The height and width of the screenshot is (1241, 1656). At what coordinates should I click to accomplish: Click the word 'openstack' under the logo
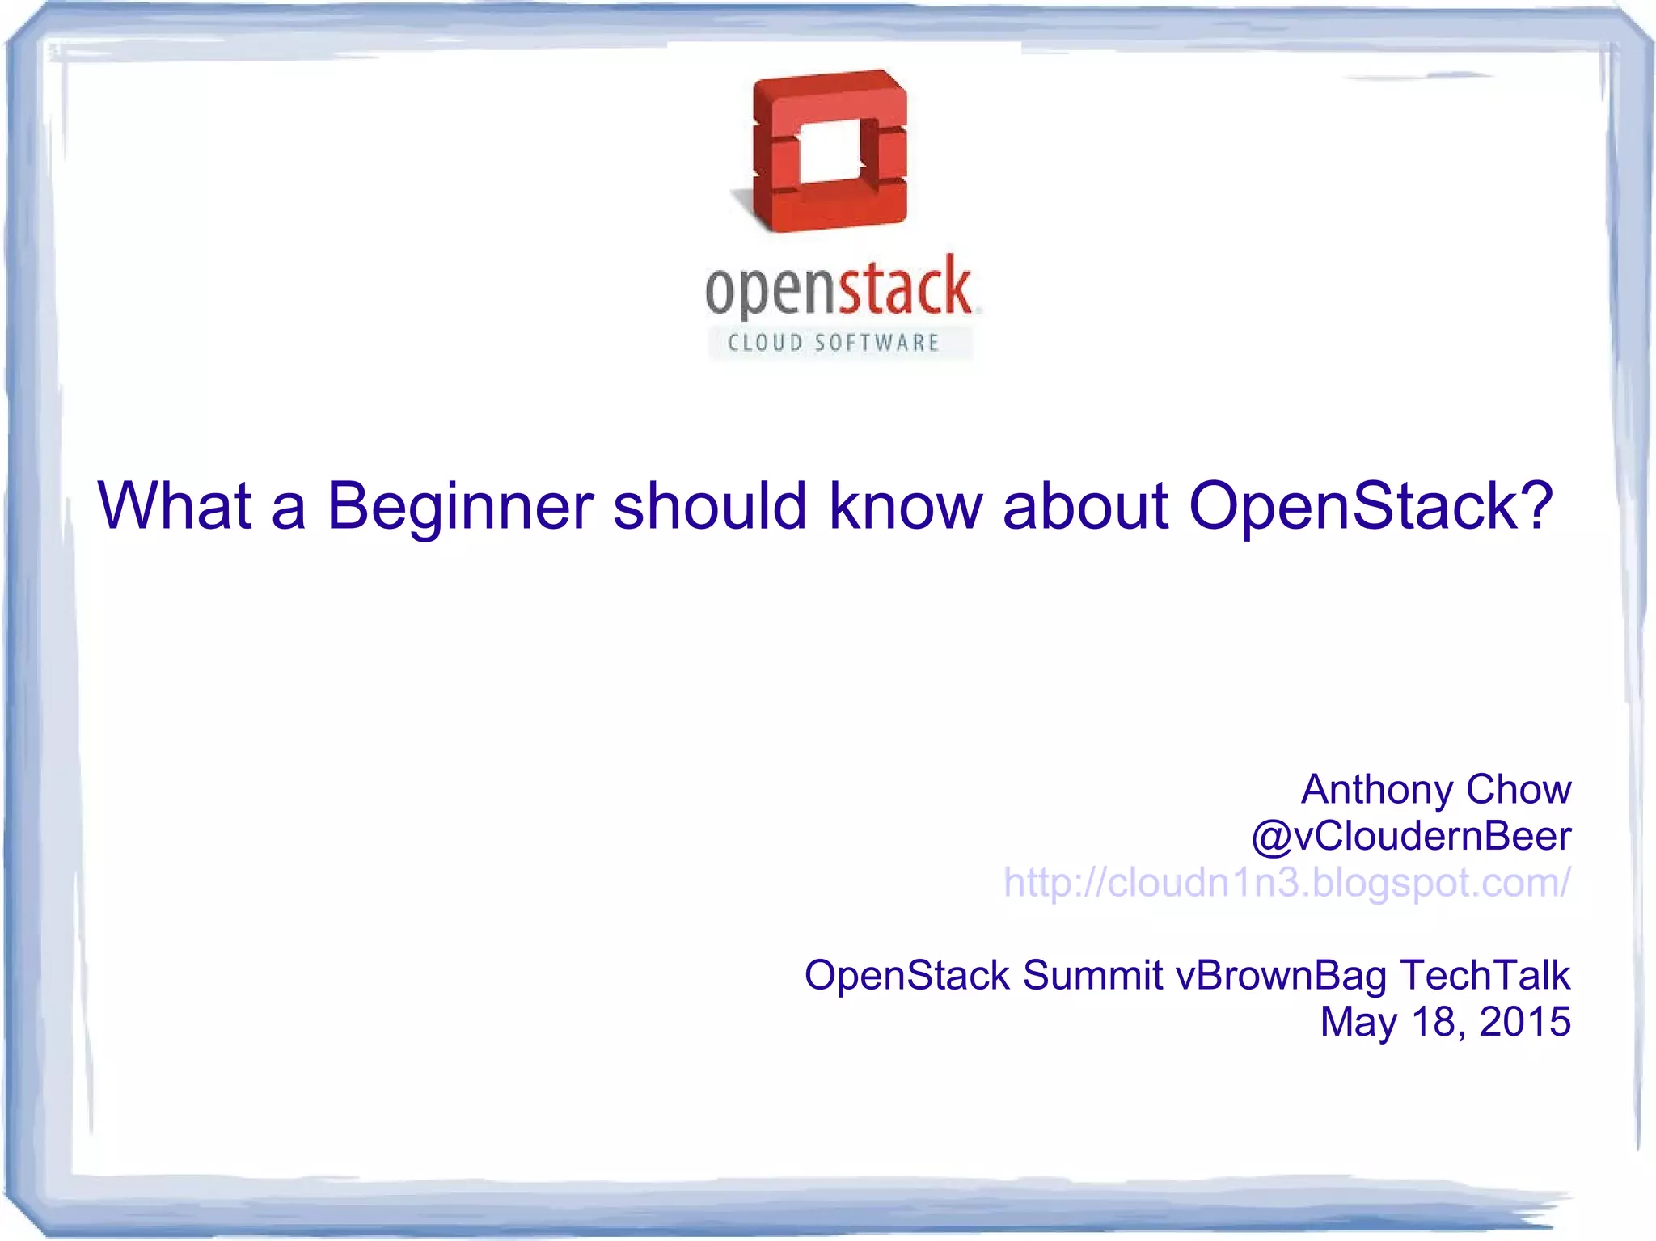point(838,288)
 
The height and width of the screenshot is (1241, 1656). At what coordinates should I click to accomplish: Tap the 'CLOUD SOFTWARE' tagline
point(833,343)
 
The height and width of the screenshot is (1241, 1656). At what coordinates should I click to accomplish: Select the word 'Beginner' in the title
point(459,507)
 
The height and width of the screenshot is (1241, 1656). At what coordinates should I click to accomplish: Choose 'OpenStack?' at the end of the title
point(1371,507)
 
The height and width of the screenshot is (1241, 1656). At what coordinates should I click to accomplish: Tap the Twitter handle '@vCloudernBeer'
point(1411,836)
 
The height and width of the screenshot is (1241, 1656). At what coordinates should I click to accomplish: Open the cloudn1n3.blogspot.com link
point(1286,882)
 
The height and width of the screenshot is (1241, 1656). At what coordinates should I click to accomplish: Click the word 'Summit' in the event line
point(1092,975)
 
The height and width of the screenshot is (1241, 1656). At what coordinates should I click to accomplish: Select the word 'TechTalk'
point(1485,975)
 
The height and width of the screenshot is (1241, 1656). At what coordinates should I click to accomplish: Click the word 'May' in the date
point(1358,1023)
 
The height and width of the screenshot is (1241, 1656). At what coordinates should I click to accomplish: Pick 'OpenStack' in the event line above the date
point(906,975)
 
